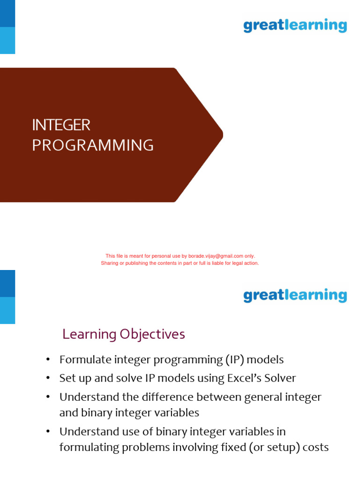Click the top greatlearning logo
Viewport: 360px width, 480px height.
pyautogui.click(x=295, y=25)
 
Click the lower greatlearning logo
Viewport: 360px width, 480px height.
pyautogui.click(x=295, y=295)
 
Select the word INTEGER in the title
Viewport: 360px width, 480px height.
pyautogui.click(x=61, y=125)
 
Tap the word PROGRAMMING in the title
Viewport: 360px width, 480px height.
pyautogui.click(x=93, y=145)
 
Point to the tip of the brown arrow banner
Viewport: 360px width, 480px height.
pyautogui.click(x=222, y=135)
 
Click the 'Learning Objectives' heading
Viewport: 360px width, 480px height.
pyautogui.click(x=124, y=334)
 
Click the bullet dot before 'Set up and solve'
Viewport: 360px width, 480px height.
pyautogui.click(x=47, y=378)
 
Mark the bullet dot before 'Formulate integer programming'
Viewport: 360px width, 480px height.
pyautogui.click(x=47, y=360)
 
